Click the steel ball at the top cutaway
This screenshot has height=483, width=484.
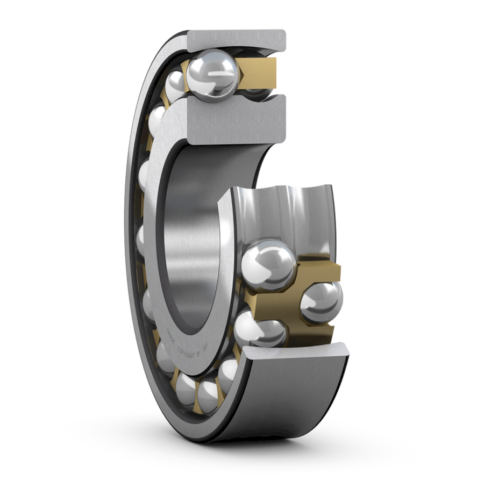212,74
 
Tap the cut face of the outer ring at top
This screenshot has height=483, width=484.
237,40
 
